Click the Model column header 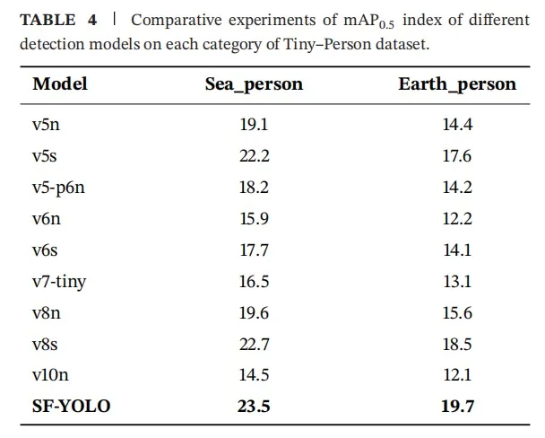point(60,84)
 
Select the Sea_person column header point(254,84)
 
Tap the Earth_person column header point(457,84)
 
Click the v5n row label point(46,125)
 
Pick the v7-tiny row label point(59,282)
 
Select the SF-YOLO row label point(72,407)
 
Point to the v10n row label point(51,375)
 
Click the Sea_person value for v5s point(254,156)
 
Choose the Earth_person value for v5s point(457,156)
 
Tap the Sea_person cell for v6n point(254,219)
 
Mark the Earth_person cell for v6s point(457,250)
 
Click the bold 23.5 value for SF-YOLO point(254,407)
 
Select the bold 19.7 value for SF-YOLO point(457,407)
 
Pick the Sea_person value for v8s point(254,345)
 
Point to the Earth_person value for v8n point(457,313)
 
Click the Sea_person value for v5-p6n point(254,188)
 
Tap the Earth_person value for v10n point(457,375)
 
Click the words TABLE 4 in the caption point(59,20)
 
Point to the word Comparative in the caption point(175,20)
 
